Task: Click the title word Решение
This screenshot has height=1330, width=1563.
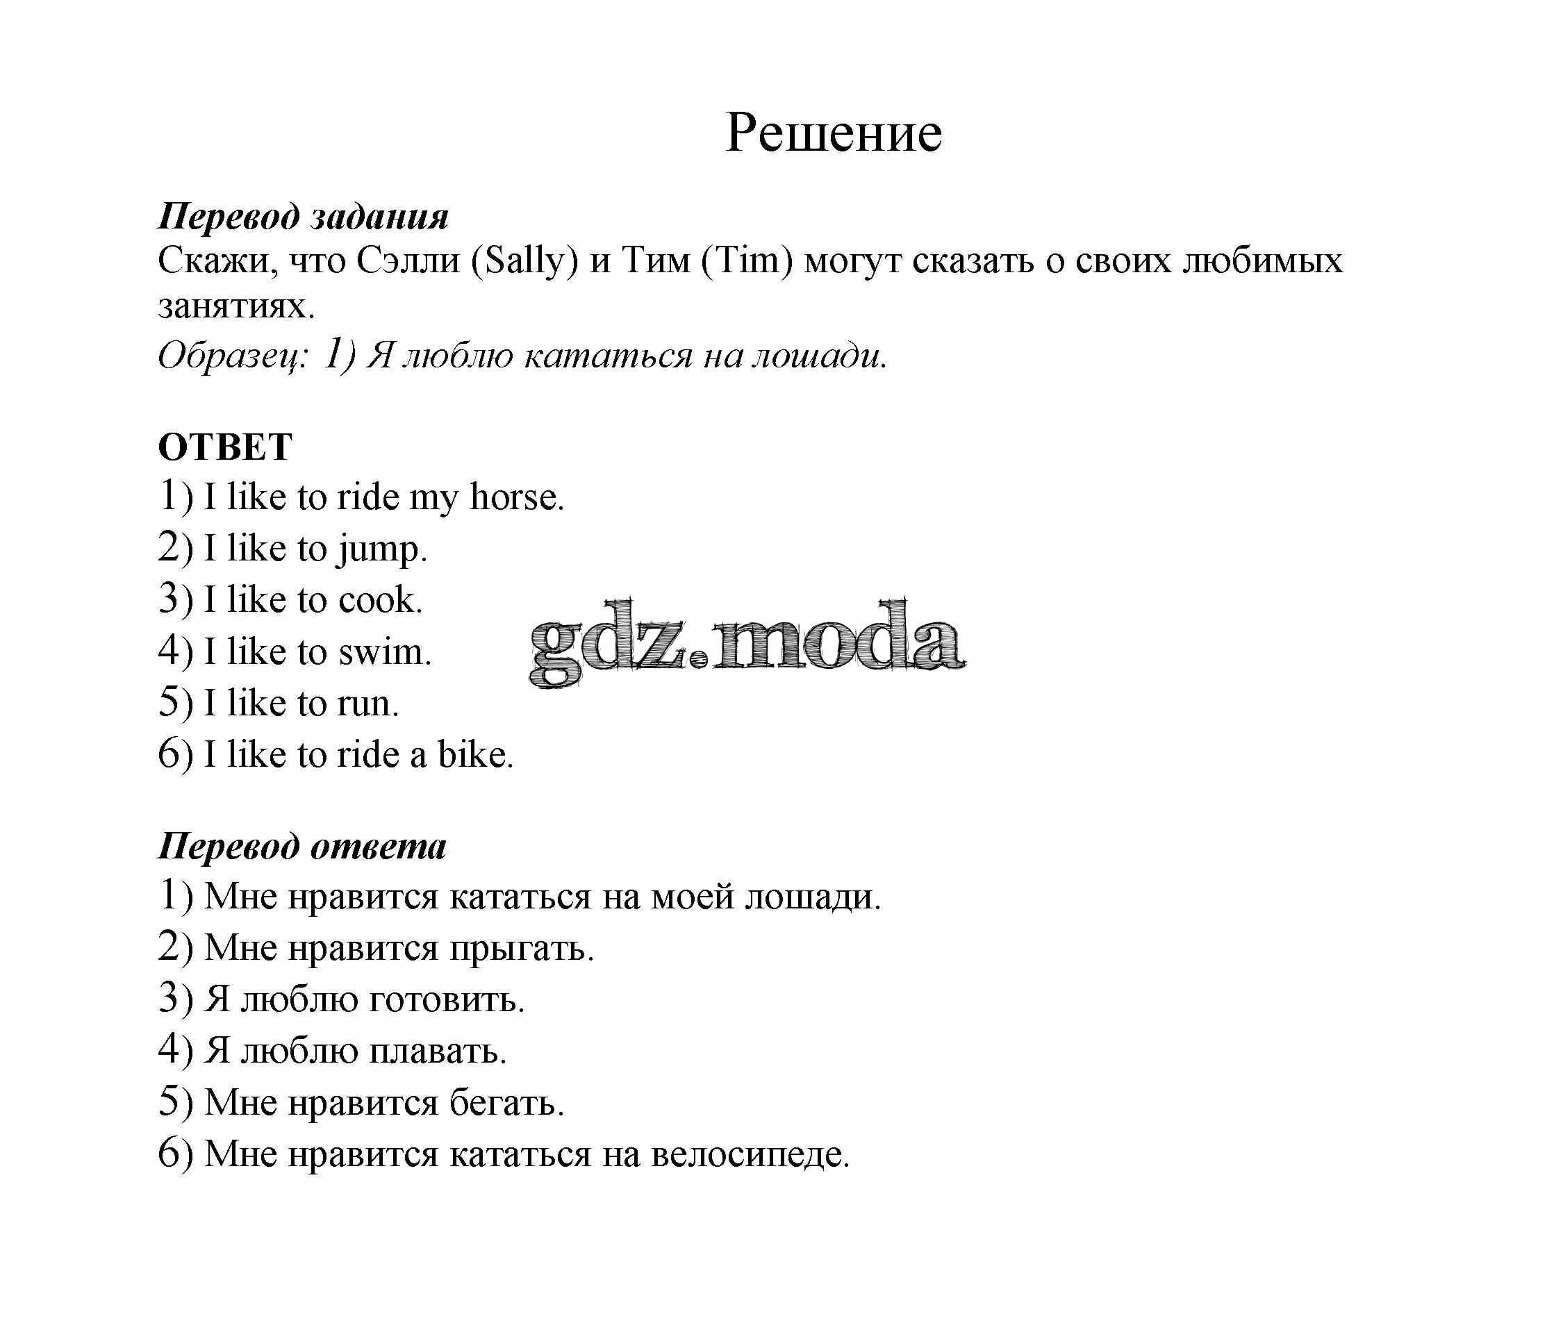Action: (x=832, y=134)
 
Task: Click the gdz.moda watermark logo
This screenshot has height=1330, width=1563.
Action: (x=747, y=643)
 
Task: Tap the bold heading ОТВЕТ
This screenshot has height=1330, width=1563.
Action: (x=224, y=447)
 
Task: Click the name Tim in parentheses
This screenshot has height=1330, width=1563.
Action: (x=747, y=261)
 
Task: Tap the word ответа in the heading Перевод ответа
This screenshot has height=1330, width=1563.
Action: (x=378, y=846)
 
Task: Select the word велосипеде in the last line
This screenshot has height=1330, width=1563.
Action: (x=750, y=1154)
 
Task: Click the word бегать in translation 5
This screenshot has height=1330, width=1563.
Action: (x=506, y=1103)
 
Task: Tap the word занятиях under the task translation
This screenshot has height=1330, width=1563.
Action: (x=235, y=306)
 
